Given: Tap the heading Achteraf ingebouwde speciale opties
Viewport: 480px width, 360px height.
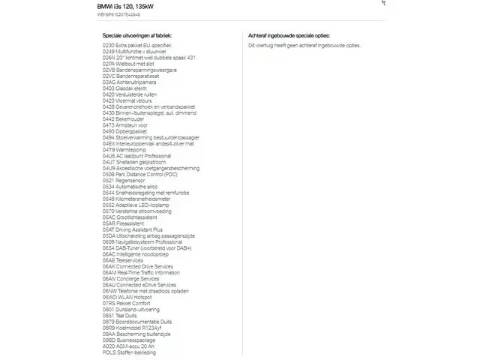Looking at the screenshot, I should coord(288,35).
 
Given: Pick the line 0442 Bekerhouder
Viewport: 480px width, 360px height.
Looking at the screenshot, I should coord(124,119).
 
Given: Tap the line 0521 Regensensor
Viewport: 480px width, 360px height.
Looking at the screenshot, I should coord(124,180).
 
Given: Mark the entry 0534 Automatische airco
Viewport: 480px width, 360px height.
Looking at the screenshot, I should coord(130,186).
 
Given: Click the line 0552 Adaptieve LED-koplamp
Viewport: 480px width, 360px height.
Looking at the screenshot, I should coord(136,205).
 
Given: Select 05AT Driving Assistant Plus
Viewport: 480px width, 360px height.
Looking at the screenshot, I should coord(133,229).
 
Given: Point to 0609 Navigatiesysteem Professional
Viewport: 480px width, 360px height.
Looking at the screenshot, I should coord(142,241).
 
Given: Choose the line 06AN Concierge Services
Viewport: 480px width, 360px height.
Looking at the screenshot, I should coord(132,278).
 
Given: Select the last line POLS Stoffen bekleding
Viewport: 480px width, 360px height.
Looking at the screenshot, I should coord(129,352).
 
